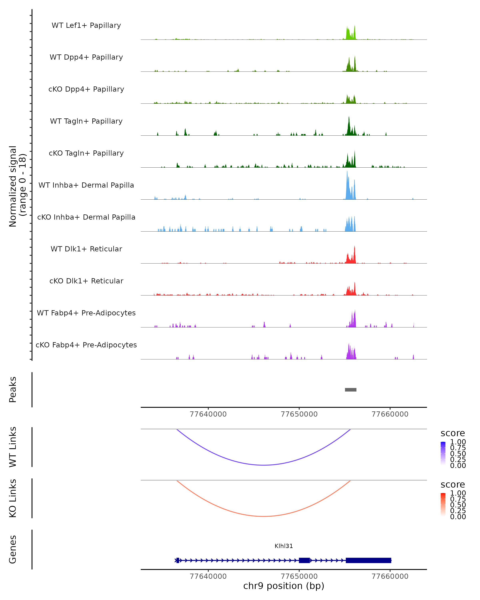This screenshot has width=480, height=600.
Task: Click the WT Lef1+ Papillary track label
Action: click(x=86, y=25)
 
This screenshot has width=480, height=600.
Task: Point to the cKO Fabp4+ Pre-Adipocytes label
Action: click(x=86, y=345)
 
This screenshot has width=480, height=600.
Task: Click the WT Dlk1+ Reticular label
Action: click(x=86, y=249)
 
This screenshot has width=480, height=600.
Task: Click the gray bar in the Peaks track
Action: click(x=351, y=390)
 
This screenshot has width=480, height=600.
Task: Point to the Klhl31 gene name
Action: click(x=284, y=546)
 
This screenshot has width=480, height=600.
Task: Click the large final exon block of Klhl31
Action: click(x=368, y=560)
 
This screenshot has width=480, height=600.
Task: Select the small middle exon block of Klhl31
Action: click(x=304, y=560)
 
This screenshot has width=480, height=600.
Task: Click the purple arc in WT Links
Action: click(x=264, y=465)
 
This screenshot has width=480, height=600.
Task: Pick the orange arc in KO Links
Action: click(x=264, y=516)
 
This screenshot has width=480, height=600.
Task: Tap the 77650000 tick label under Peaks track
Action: click(x=299, y=414)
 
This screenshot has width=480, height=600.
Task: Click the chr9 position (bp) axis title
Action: click(x=284, y=586)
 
